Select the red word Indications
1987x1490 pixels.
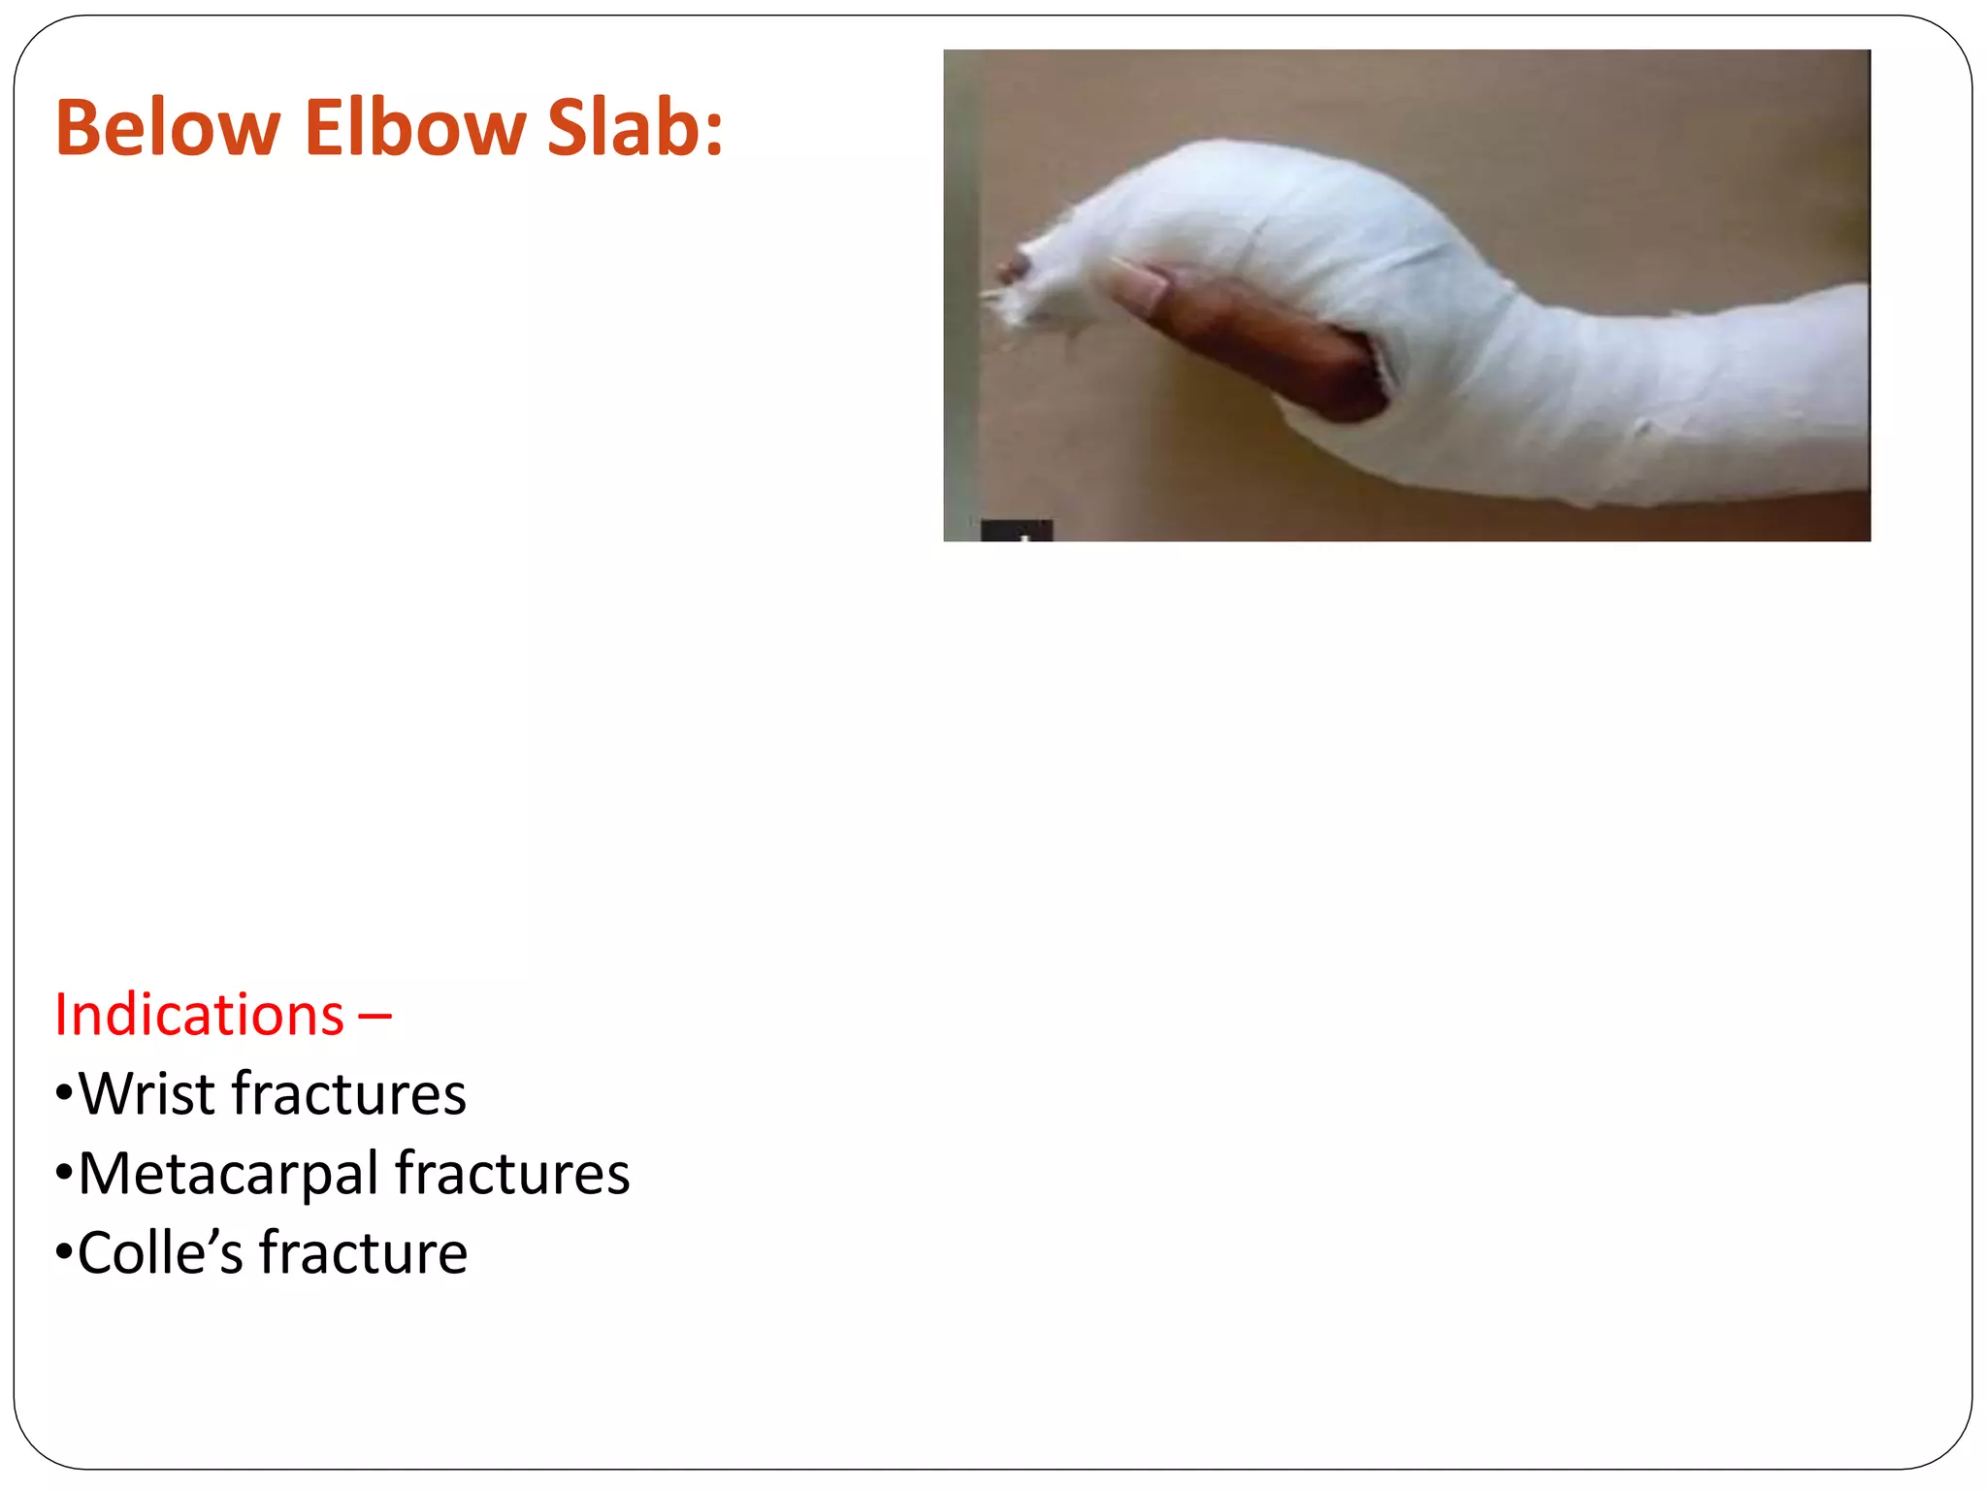(x=199, y=1016)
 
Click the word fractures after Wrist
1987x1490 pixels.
(x=349, y=1094)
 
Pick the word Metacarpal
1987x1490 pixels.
(x=228, y=1174)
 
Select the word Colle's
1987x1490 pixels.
(x=160, y=1253)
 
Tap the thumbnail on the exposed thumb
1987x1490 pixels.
(x=1140, y=287)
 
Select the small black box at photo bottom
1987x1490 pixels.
(x=1016, y=531)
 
